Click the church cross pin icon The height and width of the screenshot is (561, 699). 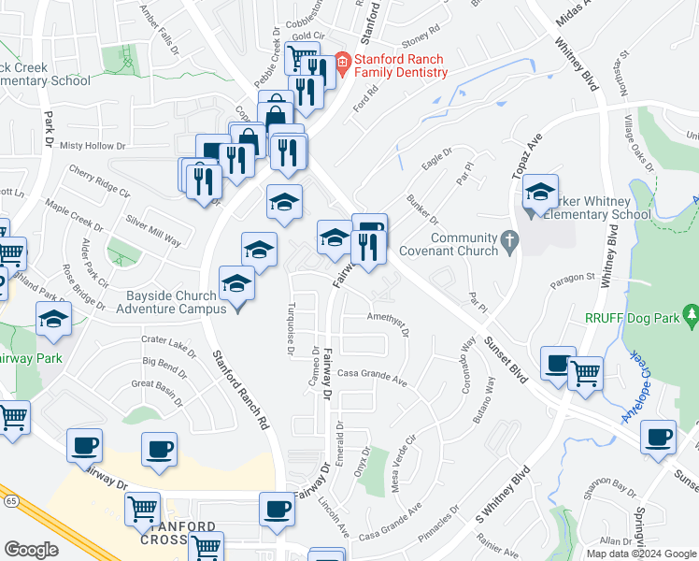pos(510,242)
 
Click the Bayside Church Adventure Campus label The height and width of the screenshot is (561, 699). pos(177,302)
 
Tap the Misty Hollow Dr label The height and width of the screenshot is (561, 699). pos(92,146)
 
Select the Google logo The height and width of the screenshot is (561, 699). pos(31,550)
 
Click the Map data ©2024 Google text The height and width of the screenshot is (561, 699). pos(642,554)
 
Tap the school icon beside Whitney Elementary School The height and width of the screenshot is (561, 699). pos(540,193)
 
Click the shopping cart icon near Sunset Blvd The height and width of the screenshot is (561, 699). pos(586,373)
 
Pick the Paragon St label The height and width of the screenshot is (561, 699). pos(572,277)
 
